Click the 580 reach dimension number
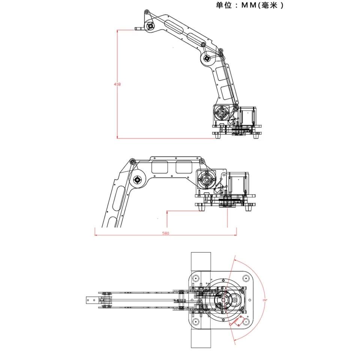[165, 233]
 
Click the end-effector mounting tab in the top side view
[139, 28]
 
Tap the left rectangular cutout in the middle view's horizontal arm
[160, 167]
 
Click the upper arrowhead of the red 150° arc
[235, 258]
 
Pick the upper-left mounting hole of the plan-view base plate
[195, 279]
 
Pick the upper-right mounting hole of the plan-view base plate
[246, 279]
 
